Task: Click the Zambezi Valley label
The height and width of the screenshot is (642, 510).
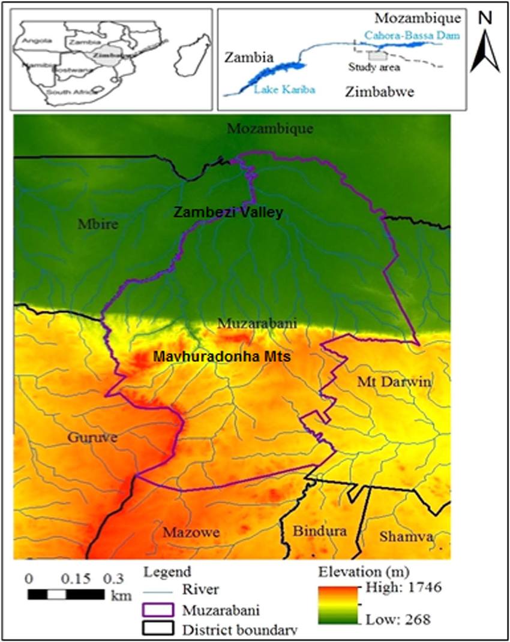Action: (228, 212)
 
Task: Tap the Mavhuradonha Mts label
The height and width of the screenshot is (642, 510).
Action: (222, 357)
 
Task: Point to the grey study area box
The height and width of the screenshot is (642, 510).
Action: (377, 56)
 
